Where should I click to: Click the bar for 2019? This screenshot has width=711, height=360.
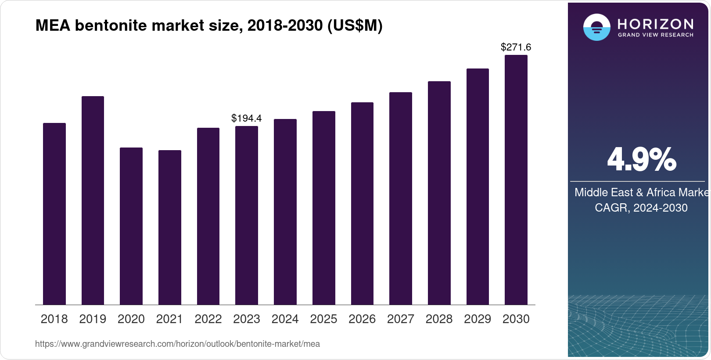tap(93, 200)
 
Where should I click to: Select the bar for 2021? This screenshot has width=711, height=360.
tap(169, 227)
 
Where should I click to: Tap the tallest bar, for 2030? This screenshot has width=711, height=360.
tap(516, 180)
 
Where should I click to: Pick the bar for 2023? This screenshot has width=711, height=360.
tap(247, 215)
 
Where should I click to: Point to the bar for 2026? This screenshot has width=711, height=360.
tap(362, 203)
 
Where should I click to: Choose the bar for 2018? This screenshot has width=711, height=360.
tap(54, 214)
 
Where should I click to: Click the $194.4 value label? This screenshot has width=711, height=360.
tap(247, 118)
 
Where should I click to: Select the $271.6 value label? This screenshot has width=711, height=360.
tap(516, 47)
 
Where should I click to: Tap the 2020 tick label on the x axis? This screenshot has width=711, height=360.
tap(131, 319)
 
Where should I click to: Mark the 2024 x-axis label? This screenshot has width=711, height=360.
tap(285, 319)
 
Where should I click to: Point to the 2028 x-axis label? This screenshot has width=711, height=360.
tap(439, 319)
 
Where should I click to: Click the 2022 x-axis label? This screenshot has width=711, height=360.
tap(208, 319)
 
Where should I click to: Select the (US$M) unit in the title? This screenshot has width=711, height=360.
tap(355, 25)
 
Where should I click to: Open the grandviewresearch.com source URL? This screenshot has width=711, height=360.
tap(177, 344)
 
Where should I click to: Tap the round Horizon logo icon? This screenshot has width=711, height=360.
tap(596, 27)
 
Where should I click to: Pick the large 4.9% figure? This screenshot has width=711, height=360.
tap(641, 159)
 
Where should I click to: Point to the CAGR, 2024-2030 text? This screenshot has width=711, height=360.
tap(641, 208)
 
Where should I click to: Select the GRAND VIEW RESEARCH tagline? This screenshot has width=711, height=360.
tap(656, 35)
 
